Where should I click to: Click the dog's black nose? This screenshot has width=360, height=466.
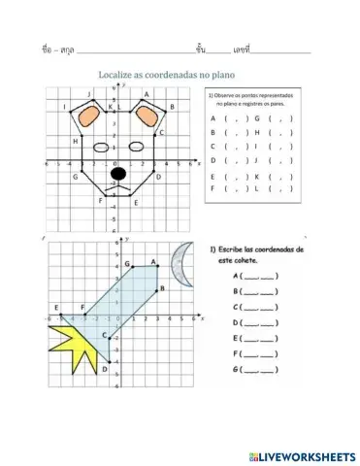click(x=118, y=174)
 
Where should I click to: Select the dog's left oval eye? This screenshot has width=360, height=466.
click(x=102, y=149)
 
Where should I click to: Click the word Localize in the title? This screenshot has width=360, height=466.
click(x=121, y=75)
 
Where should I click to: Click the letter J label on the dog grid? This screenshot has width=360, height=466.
click(x=89, y=94)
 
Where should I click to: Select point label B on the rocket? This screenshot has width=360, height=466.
click(x=163, y=288)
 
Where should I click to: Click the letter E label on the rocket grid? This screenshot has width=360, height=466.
click(x=57, y=307)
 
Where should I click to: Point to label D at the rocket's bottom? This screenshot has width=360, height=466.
click(x=104, y=368)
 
